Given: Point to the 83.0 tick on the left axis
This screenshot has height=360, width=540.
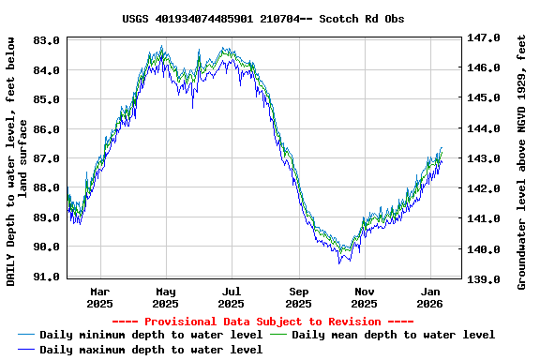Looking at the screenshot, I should point(48,40).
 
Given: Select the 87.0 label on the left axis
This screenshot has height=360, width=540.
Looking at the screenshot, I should point(48,158).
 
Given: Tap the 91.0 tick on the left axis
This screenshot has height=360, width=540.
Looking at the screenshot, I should point(48,277).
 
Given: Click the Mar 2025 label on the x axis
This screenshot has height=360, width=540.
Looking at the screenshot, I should point(99,297).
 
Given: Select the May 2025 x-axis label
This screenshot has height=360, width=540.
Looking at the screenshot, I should point(166,297).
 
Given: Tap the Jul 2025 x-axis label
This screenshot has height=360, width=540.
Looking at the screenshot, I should point(232,297).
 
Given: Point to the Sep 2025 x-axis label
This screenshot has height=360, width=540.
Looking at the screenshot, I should point(298,297).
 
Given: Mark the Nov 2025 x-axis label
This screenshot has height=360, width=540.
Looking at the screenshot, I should point(365,297).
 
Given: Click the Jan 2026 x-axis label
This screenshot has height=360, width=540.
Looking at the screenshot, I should point(430,297).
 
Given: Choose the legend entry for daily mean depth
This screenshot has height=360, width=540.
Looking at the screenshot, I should point(393,335).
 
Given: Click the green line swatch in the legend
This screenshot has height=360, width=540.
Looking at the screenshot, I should point(278,335).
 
